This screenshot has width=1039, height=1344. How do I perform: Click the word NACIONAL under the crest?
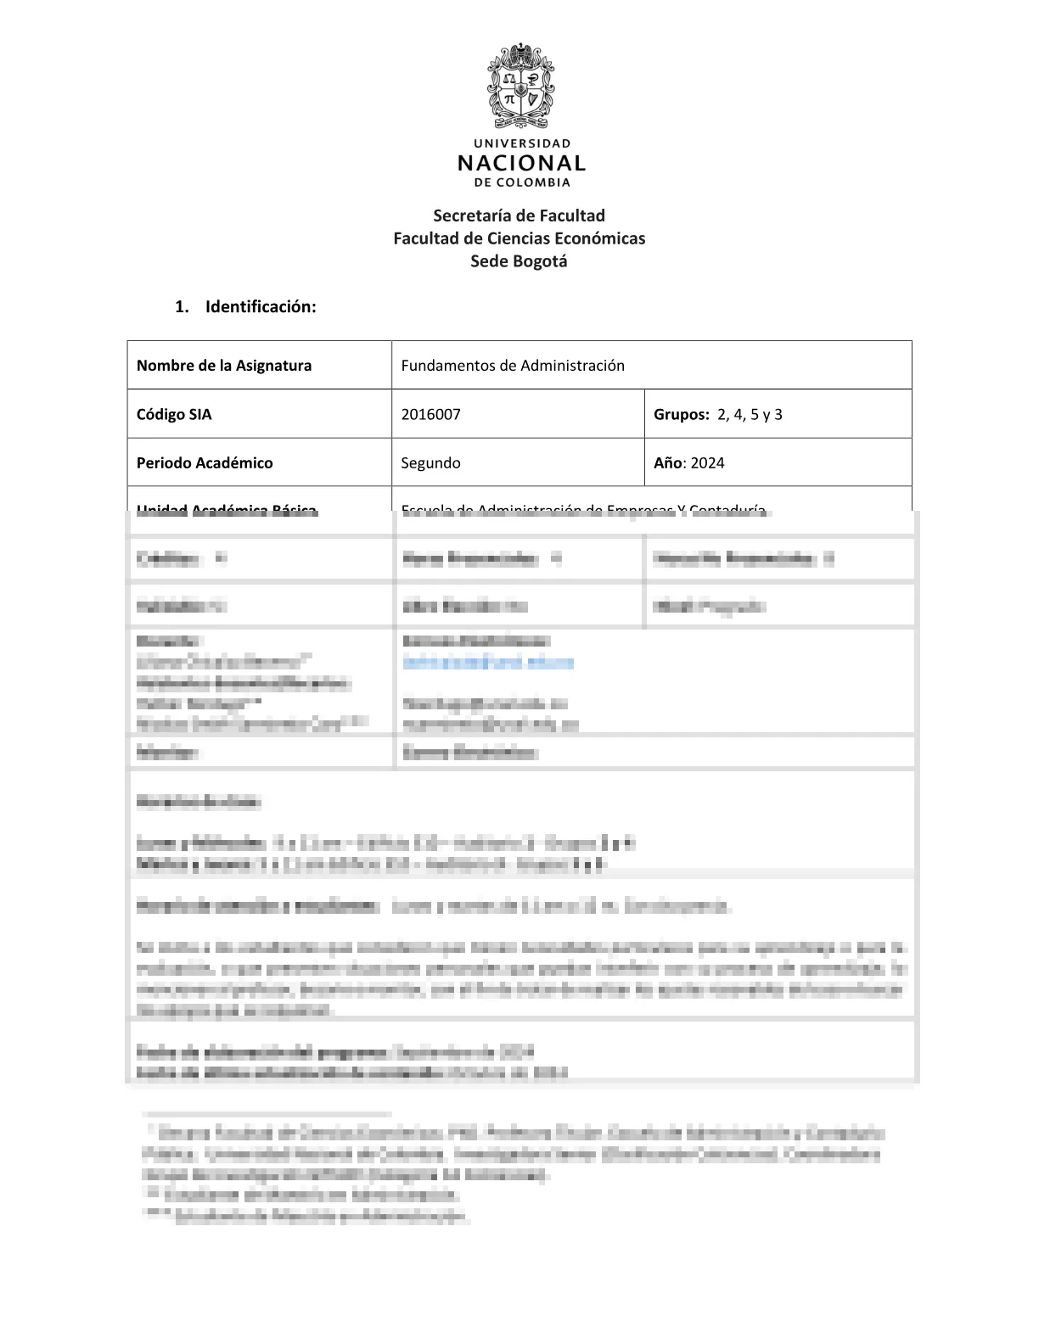point(521,163)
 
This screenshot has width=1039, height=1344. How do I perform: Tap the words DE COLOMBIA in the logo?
point(522,182)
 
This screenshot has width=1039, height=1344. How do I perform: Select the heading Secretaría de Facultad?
point(519,216)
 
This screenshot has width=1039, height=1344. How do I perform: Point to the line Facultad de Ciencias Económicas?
point(519,238)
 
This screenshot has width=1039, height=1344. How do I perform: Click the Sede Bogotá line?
point(519,261)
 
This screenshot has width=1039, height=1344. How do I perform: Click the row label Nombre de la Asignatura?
point(224,366)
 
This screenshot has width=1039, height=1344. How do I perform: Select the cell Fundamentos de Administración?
point(513,366)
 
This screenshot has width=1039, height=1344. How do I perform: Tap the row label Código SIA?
point(174,415)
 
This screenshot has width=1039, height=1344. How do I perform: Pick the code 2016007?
point(430,415)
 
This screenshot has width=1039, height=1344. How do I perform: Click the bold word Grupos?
point(681,415)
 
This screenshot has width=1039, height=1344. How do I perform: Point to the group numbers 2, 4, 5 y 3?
point(750,415)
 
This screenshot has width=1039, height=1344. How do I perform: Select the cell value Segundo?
point(430,463)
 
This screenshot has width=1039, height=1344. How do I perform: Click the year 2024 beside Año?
point(707,463)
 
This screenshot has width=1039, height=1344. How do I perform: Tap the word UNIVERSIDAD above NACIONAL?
point(521,143)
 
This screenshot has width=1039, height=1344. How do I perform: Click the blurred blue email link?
point(488,663)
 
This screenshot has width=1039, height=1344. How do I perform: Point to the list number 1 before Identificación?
point(181,307)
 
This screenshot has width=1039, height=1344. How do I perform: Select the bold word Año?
point(668,463)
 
